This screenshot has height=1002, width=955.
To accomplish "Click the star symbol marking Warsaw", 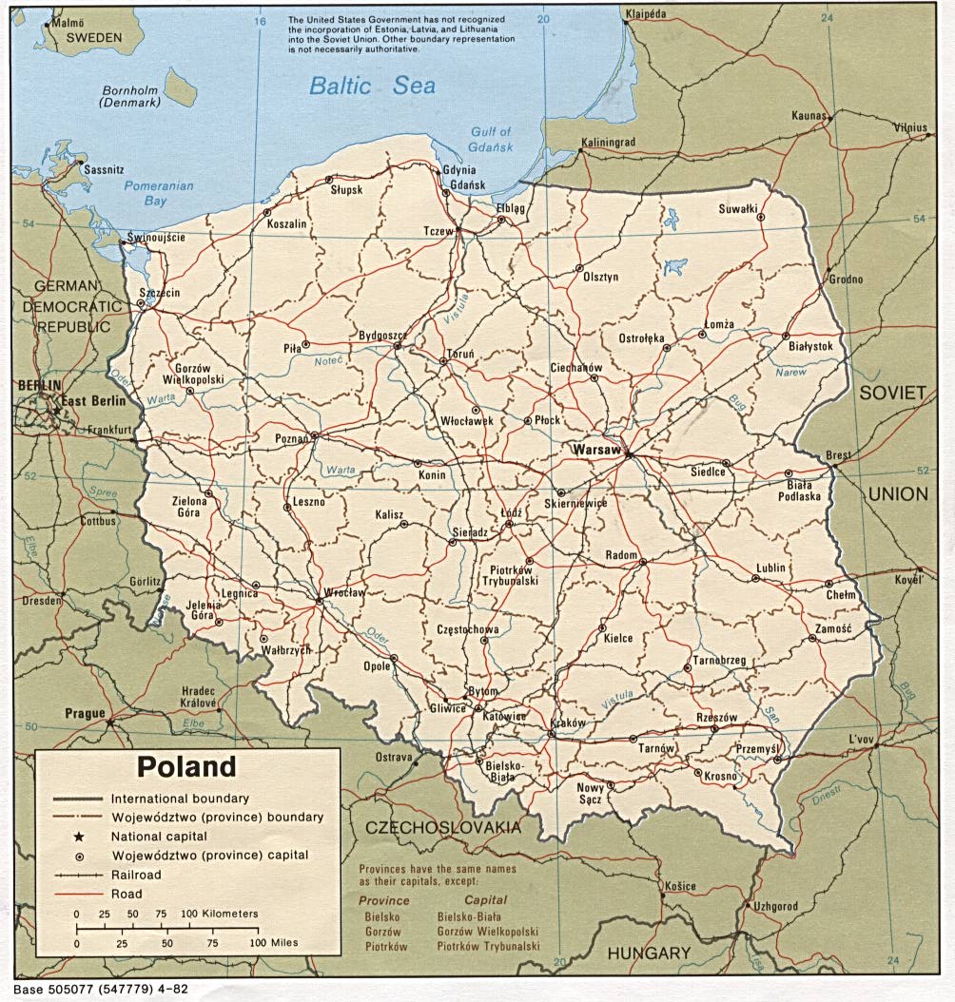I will click(x=628, y=454).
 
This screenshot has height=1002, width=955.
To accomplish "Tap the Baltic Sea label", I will click(x=372, y=87).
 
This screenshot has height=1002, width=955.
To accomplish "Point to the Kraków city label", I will click(x=568, y=723).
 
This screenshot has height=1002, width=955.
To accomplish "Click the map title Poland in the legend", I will click(x=185, y=766).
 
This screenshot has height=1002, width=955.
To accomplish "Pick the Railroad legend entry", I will click(x=136, y=875).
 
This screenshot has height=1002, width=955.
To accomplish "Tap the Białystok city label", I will click(x=810, y=347).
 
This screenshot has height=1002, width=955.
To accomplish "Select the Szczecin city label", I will click(x=159, y=294).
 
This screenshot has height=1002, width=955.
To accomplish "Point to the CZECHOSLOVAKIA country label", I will click(x=443, y=828).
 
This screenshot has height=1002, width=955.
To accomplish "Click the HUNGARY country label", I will click(x=649, y=954).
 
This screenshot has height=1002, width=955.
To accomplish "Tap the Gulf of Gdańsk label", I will click(x=491, y=140).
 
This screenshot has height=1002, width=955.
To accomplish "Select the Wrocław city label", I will click(x=344, y=593).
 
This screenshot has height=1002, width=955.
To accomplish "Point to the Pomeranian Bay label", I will click(x=158, y=193).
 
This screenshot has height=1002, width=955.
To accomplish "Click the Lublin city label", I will click(x=770, y=568).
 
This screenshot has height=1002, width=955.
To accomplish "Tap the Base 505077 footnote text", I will click(x=100, y=989).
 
